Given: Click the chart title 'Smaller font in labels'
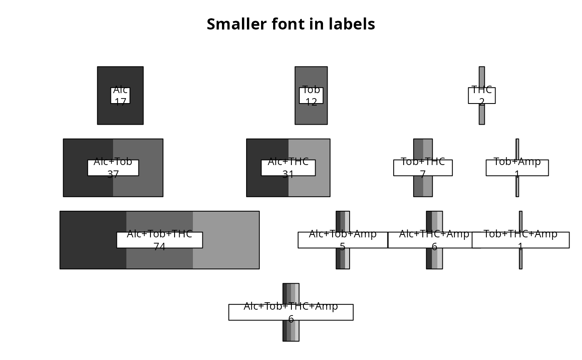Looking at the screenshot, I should (x=291, y=24).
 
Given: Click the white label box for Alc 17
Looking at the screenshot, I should (x=121, y=96).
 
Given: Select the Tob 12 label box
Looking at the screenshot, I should (x=311, y=96).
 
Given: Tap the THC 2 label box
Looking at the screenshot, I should (x=481, y=96).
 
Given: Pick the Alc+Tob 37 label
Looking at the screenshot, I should (x=113, y=168).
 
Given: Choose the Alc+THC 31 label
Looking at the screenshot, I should (x=288, y=168).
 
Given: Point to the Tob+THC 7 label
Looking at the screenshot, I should (x=423, y=168).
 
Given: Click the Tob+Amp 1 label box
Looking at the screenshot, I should (x=517, y=168).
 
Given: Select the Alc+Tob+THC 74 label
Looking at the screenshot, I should (x=160, y=240).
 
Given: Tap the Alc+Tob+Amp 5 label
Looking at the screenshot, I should (x=343, y=240).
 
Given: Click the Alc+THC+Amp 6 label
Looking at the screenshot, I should (x=434, y=240).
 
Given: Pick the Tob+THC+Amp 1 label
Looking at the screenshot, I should (x=520, y=240).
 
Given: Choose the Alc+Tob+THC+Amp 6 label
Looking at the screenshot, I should (x=291, y=312).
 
